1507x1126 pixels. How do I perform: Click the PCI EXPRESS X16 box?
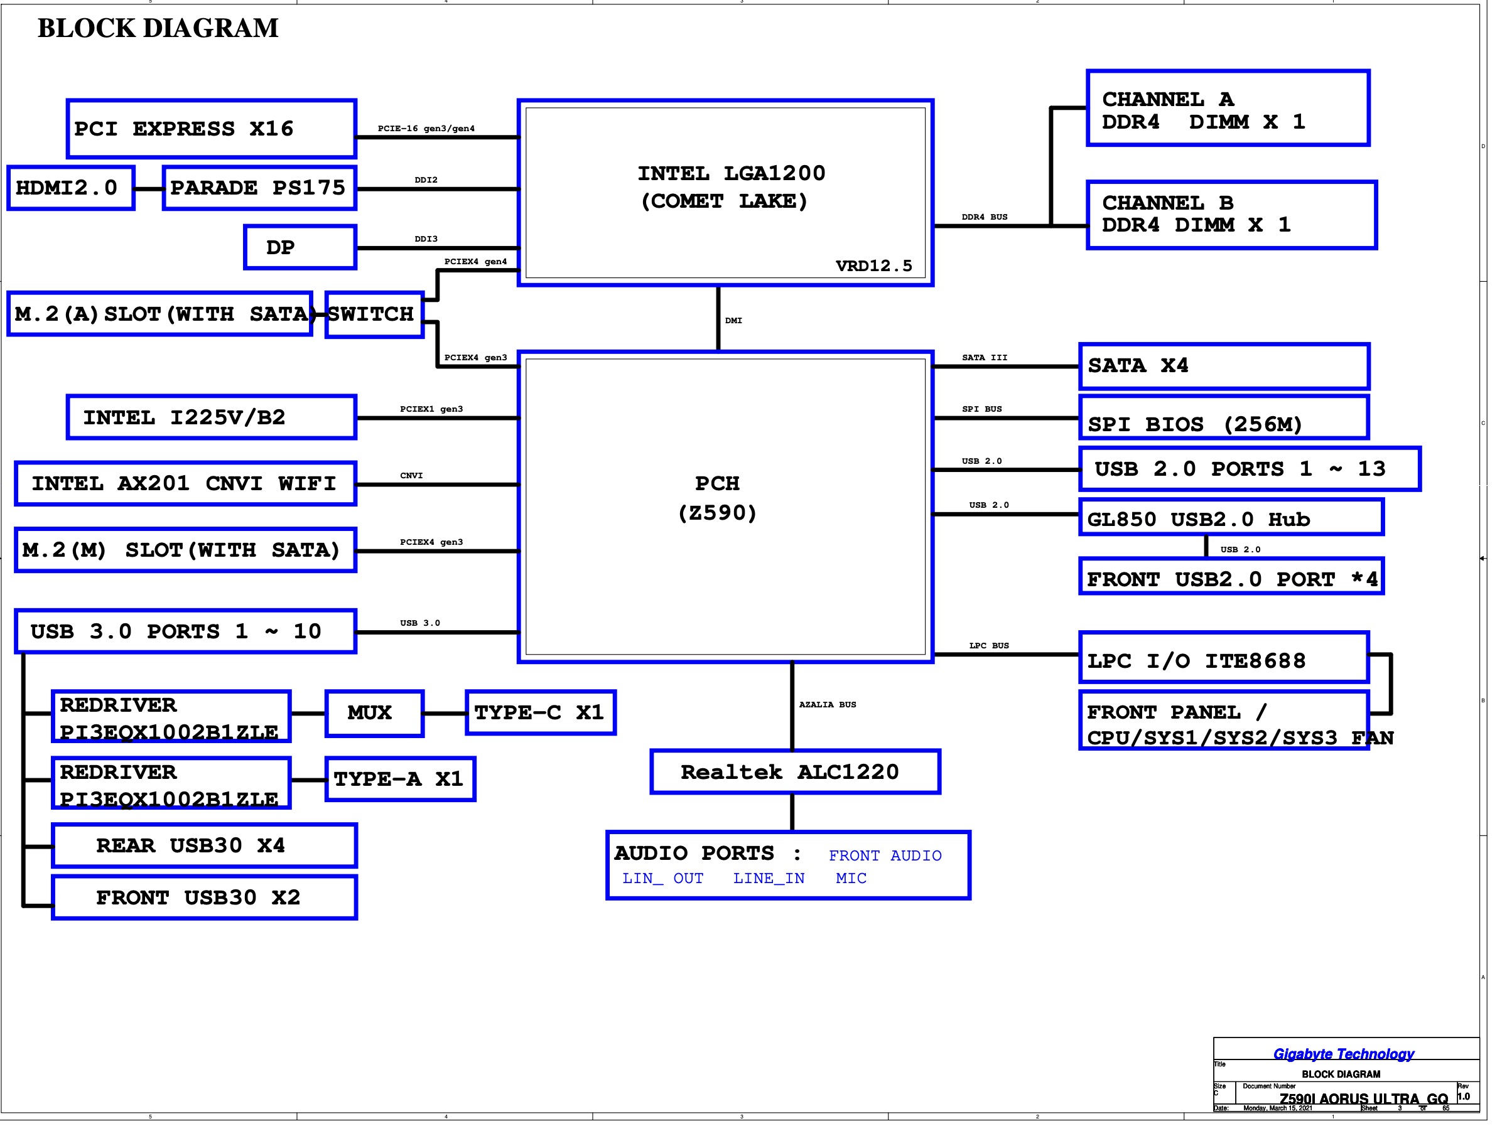coord(211,129)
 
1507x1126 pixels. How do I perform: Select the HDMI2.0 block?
coord(70,188)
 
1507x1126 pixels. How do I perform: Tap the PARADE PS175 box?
coord(259,188)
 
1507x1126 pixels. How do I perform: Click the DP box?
coord(300,247)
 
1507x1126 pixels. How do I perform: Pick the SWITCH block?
coord(374,314)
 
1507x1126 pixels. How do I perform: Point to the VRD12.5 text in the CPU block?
coord(873,265)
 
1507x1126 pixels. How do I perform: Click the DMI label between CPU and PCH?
coord(733,320)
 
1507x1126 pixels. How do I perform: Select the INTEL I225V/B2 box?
coord(211,417)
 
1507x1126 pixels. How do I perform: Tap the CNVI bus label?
coord(411,476)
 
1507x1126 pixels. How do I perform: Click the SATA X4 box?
coord(1224,366)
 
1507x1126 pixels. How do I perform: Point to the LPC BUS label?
coord(988,645)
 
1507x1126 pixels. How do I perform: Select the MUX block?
coord(374,712)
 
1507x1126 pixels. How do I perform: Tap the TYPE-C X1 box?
coord(540,712)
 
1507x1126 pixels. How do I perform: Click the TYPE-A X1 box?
coord(400,778)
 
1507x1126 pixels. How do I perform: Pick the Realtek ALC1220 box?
coord(795,772)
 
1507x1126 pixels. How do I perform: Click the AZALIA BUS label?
coord(827,704)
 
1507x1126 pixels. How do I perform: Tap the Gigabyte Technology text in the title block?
coord(1343,1054)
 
